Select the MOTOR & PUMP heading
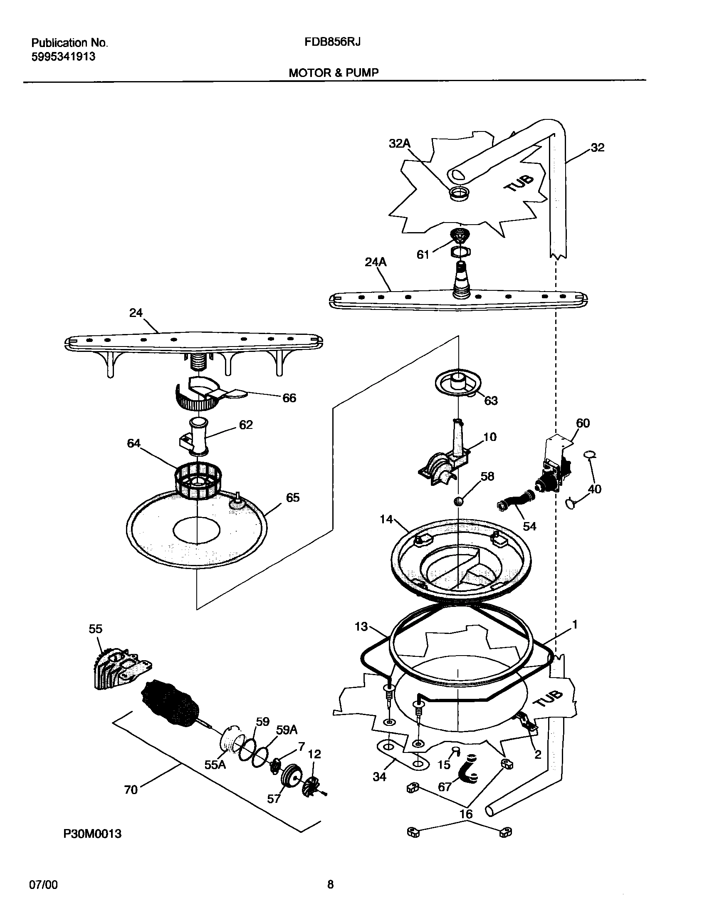[334, 73]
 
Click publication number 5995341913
[63, 57]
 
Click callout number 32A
[399, 144]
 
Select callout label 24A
[376, 262]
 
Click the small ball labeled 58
[458, 502]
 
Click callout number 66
[289, 398]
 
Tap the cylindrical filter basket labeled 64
[197, 482]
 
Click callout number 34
[379, 777]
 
